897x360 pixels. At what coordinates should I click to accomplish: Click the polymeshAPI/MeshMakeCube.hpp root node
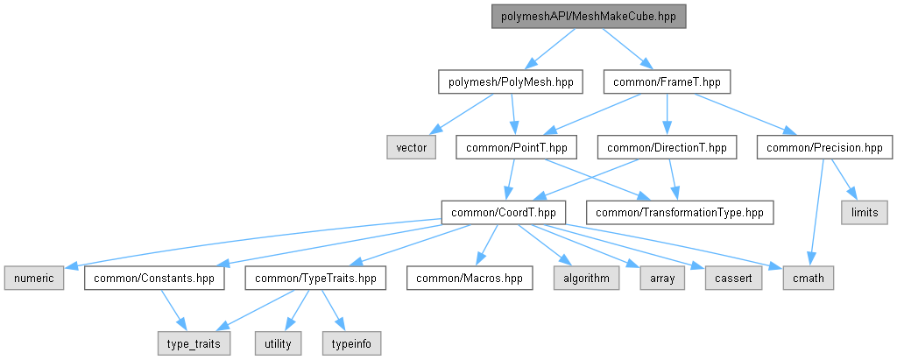tap(588, 18)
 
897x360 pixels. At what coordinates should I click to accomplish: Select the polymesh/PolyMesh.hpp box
tap(510, 82)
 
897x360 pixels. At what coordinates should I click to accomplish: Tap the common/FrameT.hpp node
tap(667, 82)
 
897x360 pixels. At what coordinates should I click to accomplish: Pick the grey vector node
tap(412, 148)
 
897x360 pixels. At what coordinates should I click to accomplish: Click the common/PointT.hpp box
tap(517, 148)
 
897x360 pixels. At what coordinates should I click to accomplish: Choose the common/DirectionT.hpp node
tap(667, 148)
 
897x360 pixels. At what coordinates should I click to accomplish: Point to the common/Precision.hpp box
tap(824, 148)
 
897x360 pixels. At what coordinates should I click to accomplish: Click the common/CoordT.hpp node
tap(504, 212)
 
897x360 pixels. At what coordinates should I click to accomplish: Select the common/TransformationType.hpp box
tap(680, 212)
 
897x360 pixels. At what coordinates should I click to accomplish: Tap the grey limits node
tap(865, 212)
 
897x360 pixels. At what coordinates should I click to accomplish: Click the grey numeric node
tap(34, 279)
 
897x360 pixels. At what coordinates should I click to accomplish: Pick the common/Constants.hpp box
tap(154, 279)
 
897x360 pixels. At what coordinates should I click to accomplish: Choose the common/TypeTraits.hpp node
tap(315, 279)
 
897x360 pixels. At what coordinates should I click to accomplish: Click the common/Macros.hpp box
tap(470, 279)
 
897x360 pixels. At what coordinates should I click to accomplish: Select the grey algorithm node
tap(586, 279)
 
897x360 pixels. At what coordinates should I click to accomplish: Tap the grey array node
tap(662, 279)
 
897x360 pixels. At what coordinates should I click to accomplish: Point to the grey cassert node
tap(733, 279)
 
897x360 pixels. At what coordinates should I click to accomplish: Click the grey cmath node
tap(808, 279)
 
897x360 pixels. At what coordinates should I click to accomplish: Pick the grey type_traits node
tap(194, 343)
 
